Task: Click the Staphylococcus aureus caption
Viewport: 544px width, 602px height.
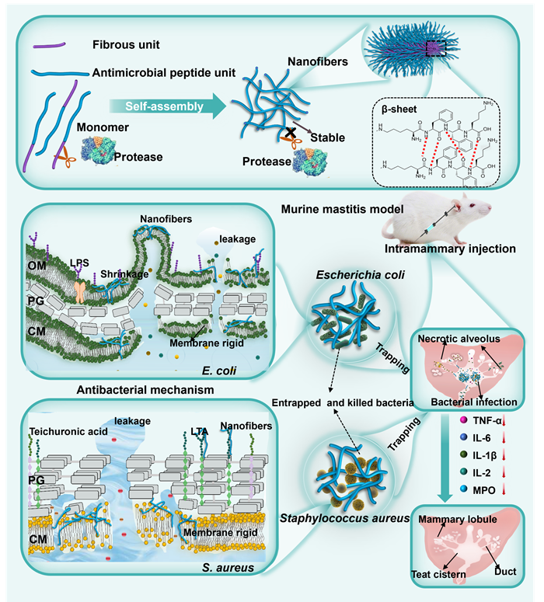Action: [345, 518]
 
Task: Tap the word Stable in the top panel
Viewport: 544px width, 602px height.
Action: [328, 137]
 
